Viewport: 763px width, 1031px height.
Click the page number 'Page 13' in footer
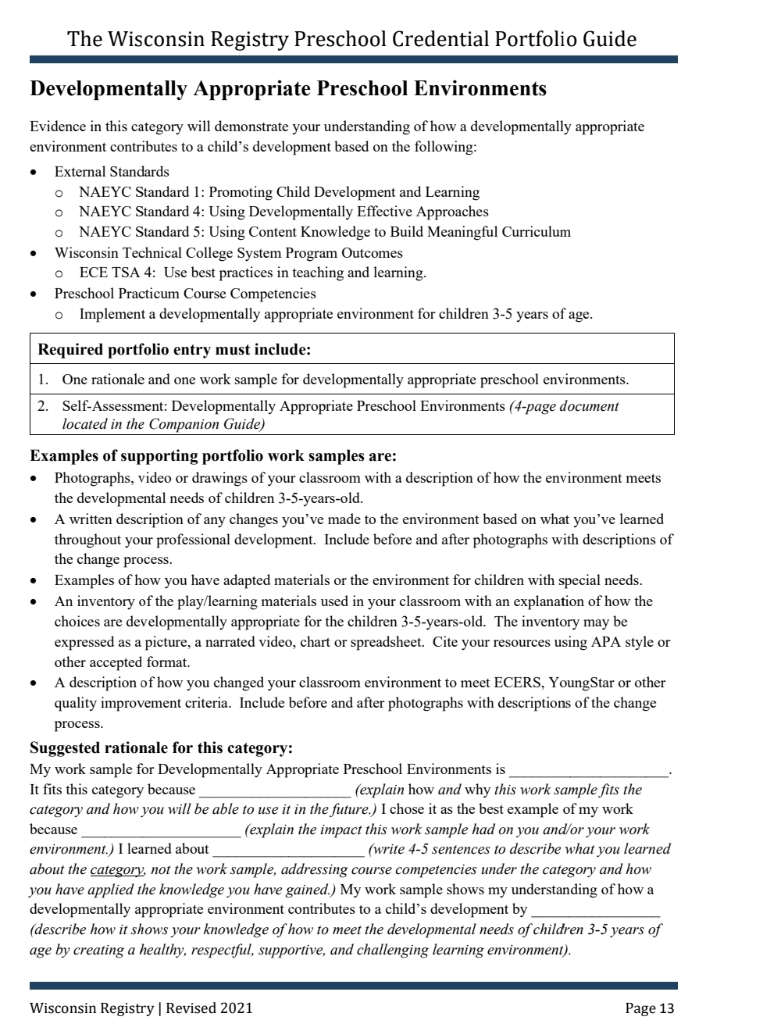[649, 1008]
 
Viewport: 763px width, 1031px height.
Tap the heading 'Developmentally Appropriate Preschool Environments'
[288, 89]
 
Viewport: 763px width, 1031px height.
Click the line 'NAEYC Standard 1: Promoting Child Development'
[279, 192]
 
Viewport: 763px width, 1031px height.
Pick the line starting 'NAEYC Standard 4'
[283, 212]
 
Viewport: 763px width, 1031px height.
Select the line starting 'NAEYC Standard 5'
[324, 232]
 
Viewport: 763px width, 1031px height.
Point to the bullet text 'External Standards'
[112, 172]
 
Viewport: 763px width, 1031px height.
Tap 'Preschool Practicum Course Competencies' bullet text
[185, 294]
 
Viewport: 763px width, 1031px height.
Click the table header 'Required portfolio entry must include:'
[174, 349]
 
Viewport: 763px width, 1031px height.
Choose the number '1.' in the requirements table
[44, 380]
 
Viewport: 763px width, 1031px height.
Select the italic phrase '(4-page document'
[564, 406]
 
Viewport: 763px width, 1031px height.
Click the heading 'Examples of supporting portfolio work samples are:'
[212, 456]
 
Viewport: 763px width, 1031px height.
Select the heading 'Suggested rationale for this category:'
[161, 748]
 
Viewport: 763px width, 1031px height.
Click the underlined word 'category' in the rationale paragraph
[116, 869]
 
